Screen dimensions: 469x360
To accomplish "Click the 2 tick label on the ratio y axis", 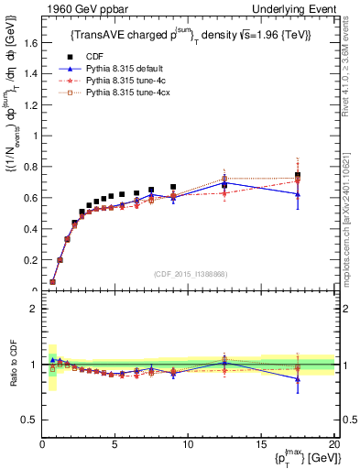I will pyautogui.click(x=33, y=309).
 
